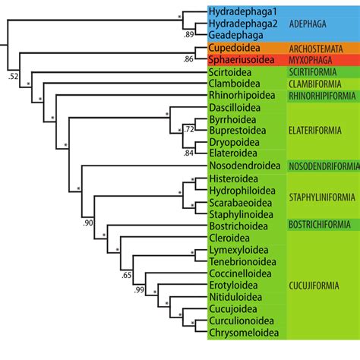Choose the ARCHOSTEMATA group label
tap(321, 48)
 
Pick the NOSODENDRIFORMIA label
tap(324, 166)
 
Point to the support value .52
tap(13, 77)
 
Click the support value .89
tap(188, 35)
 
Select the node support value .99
tap(139, 290)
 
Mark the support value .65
tap(127, 274)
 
